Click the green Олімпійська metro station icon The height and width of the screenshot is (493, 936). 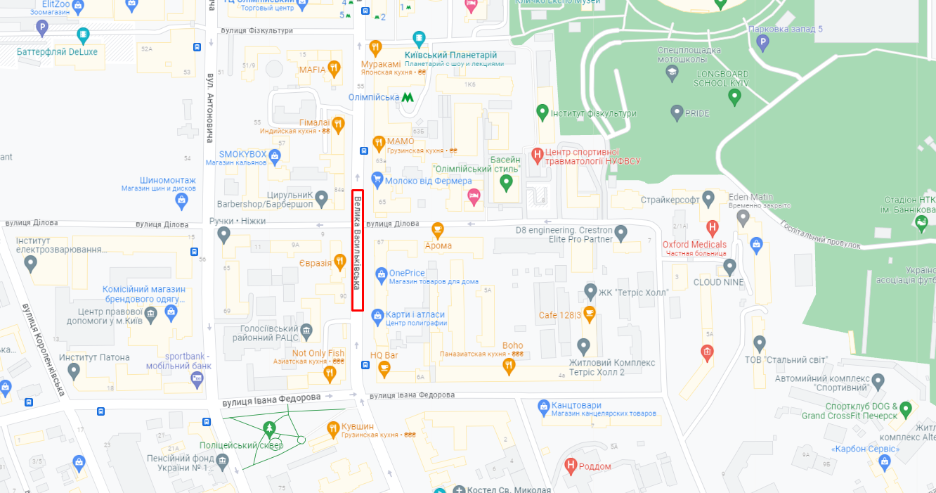point(408,97)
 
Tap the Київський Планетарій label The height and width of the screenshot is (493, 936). point(450,55)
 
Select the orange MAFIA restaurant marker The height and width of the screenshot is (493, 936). point(334,69)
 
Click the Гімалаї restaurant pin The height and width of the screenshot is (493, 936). point(339,125)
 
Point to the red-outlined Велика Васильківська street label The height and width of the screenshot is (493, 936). point(358,250)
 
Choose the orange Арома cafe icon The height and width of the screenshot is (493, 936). point(438,229)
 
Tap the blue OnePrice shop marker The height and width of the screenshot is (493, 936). point(381,273)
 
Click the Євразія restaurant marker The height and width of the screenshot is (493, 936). point(340,262)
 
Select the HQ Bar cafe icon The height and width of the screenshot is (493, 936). point(384,368)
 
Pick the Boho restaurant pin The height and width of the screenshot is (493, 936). point(509,365)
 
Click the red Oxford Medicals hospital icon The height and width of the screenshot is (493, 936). point(713,228)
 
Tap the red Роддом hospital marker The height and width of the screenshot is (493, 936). point(571,466)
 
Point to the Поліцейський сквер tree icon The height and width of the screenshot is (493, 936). point(268,428)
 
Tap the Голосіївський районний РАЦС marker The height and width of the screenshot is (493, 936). point(306,331)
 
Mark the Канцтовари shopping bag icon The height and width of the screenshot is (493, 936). point(543,406)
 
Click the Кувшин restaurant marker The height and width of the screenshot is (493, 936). point(334,428)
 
